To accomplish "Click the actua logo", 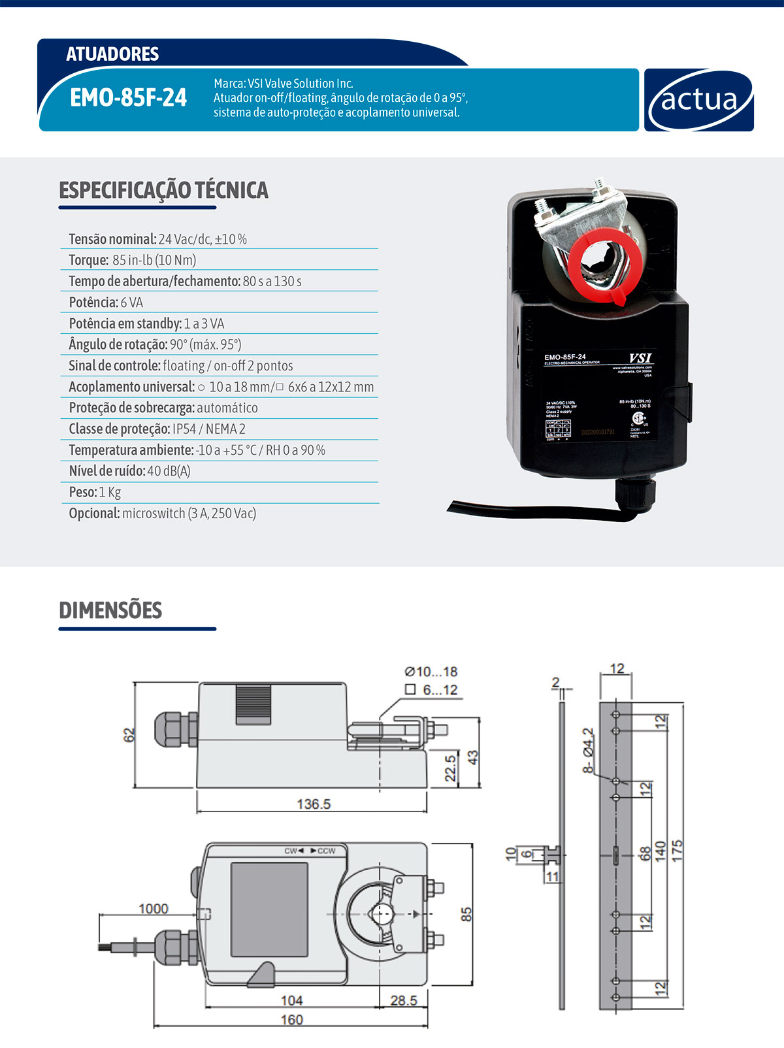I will pyautogui.click(x=698, y=100).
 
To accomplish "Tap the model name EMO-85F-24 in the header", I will pyautogui.click(x=128, y=98).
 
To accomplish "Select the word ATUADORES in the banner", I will pyautogui.click(x=112, y=54).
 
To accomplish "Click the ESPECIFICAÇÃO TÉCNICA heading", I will pyautogui.click(x=163, y=190).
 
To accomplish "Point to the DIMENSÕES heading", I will pyautogui.click(x=110, y=610).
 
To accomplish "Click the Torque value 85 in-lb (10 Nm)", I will pyautogui.click(x=154, y=260).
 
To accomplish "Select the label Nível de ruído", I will pyautogui.click(x=106, y=471).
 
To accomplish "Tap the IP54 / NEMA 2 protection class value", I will pyautogui.click(x=209, y=429).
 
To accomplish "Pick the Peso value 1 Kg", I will pyautogui.click(x=110, y=492).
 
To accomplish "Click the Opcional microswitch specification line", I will pyautogui.click(x=162, y=514).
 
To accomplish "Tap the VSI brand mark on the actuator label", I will pyautogui.click(x=640, y=358).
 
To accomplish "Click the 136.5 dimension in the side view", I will pyautogui.click(x=314, y=804).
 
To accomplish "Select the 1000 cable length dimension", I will pyautogui.click(x=153, y=909).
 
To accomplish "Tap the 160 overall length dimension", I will pyautogui.click(x=291, y=1020).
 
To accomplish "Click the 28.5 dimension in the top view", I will pyautogui.click(x=403, y=1000).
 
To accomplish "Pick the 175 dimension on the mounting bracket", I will pyautogui.click(x=677, y=849).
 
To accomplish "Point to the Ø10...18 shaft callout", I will pyautogui.click(x=431, y=672).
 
